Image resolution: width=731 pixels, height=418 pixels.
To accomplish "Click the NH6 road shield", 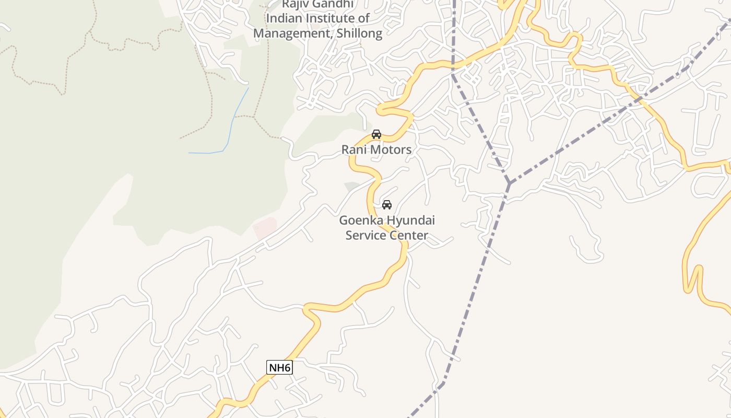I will click(x=279, y=367).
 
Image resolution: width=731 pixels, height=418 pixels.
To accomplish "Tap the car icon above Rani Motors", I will click(x=376, y=134).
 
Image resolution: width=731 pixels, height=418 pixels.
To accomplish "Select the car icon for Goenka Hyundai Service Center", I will click(x=387, y=204).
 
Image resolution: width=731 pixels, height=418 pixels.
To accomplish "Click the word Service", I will click(x=365, y=236).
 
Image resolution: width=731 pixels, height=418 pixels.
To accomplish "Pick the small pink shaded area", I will click(x=265, y=228).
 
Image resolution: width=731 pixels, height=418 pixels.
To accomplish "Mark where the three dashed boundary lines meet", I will click(x=509, y=183).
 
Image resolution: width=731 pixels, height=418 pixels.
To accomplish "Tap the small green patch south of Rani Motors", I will click(x=352, y=186).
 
